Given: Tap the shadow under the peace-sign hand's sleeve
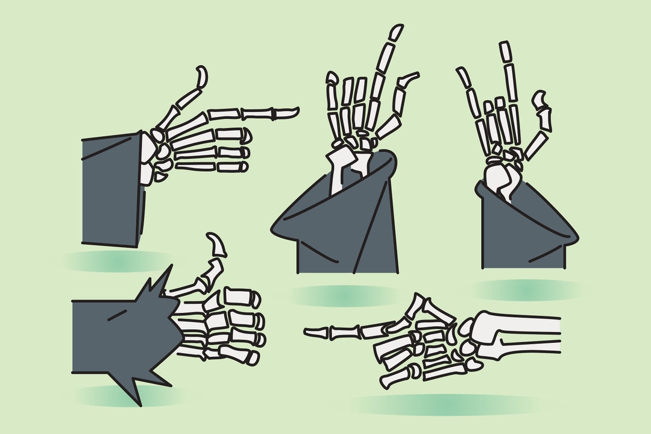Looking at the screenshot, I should (x=344, y=295).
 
